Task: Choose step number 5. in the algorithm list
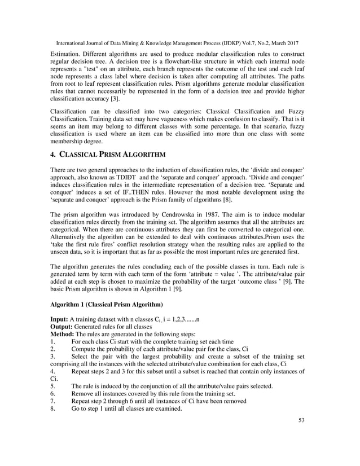(x=52, y=386)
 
